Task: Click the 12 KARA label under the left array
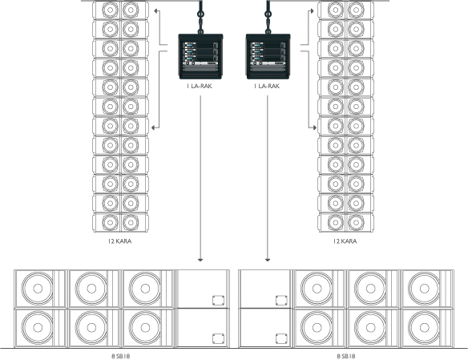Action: pos(119,241)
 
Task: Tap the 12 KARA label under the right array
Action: pos(345,241)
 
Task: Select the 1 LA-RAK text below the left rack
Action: pos(200,87)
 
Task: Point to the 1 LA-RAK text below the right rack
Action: pos(267,87)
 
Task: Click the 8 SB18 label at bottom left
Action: pos(121,356)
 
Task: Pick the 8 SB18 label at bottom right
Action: pos(346,356)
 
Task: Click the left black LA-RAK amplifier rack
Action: pos(200,56)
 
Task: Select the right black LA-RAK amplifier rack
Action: pos(268,56)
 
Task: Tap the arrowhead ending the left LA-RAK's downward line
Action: pos(200,260)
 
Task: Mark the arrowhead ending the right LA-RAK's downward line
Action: pos(268,260)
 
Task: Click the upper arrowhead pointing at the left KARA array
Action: pos(156,11)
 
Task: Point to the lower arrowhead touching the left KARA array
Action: pos(154,127)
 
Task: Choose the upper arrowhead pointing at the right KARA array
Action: pos(312,11)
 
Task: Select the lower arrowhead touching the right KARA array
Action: pos(314,127)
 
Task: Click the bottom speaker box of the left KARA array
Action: pos(120,222)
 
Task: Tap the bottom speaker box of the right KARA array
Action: pos(345,222)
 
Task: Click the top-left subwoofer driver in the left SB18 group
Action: pos(38,289)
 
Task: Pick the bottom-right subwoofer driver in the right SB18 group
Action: pos(424,327)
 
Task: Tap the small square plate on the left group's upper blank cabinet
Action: pos(218,301)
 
